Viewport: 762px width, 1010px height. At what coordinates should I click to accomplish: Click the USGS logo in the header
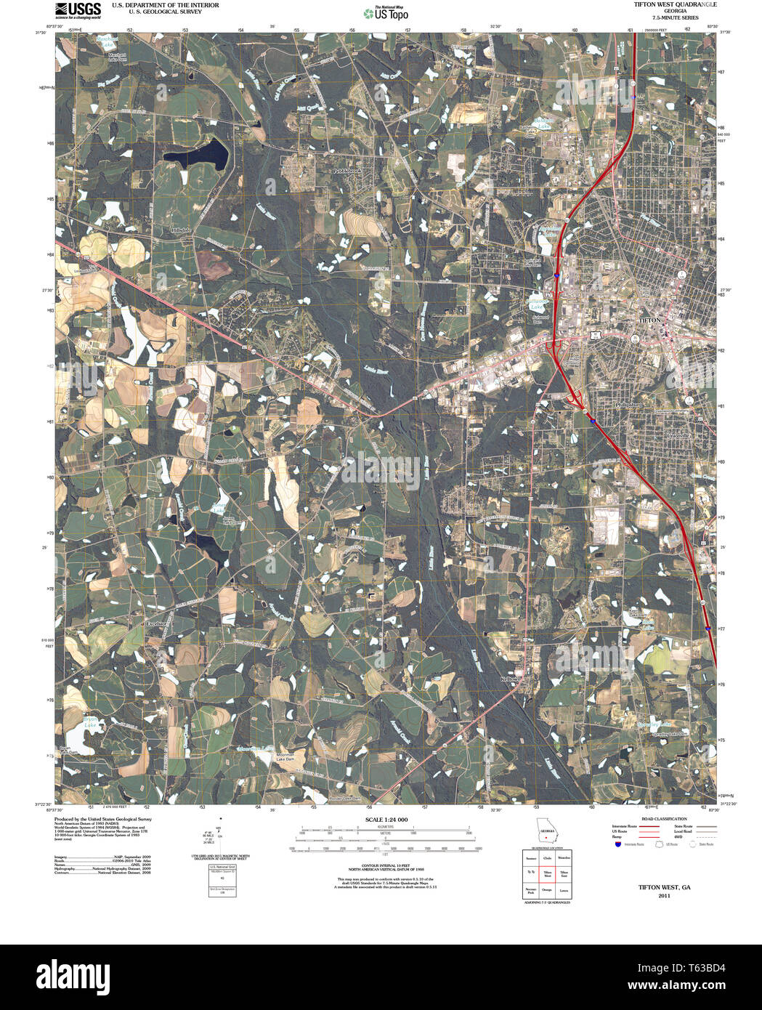click(78, 9)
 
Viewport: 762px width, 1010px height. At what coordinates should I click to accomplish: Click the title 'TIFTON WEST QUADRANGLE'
click(675, 4)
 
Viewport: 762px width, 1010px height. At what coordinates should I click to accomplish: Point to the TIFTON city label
click(649, 320)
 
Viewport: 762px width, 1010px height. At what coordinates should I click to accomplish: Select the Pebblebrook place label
click(346, 171)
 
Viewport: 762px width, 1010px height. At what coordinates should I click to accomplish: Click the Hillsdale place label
click(180, 230)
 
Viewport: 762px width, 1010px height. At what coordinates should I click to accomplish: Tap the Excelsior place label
click(156, 623)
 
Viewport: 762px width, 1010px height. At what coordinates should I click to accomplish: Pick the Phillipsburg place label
click(629, 404)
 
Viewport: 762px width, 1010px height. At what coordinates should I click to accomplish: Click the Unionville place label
click(680, 435)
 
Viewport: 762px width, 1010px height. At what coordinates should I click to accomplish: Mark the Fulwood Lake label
click(538, 304)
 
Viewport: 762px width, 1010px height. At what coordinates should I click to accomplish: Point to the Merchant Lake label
click(107, 39)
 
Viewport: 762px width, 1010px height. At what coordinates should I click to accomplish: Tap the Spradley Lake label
click(654, 724)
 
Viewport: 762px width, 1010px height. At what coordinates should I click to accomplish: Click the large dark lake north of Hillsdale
click(195, 153)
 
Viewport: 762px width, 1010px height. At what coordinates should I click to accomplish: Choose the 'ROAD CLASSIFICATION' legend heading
click(664, 819)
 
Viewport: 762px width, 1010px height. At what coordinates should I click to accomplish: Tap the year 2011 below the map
click(664, 896)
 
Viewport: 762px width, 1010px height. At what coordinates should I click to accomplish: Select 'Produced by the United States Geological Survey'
click(102, 819)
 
